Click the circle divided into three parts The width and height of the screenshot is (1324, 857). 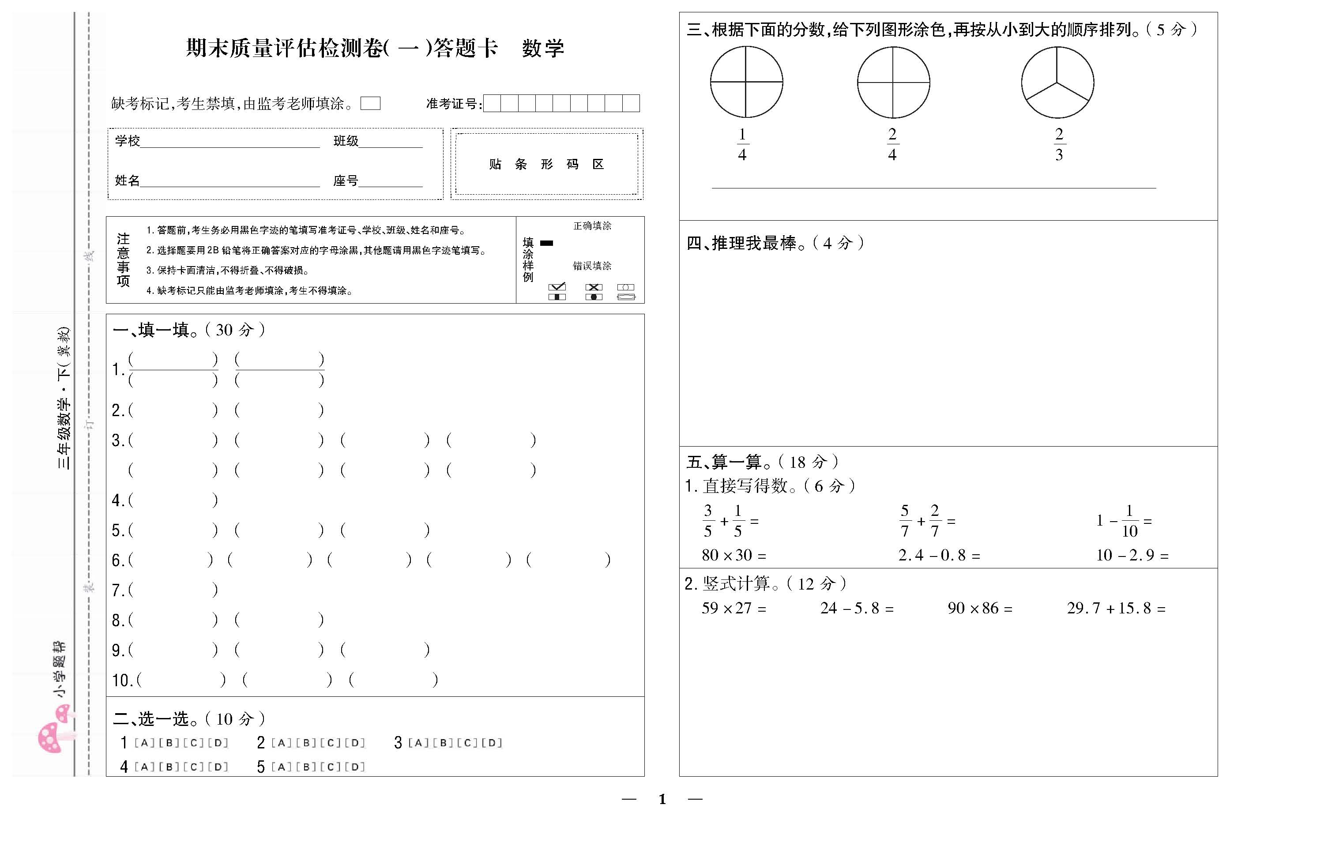pos(1057,83)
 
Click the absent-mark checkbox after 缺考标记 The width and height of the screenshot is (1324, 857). pos(370,103)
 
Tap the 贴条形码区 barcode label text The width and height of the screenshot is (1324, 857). pos(546,164)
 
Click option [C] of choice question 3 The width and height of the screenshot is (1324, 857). pos(468,743)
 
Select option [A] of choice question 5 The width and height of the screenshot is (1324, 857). pos(282,767)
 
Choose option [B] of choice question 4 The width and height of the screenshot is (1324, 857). pos(169,767)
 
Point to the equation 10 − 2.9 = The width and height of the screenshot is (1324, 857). pos(1132,555)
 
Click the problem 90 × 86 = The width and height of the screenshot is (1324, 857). pos(980,609)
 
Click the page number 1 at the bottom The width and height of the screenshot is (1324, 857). pos(662,799)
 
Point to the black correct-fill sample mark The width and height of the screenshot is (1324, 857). pos(547,243)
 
